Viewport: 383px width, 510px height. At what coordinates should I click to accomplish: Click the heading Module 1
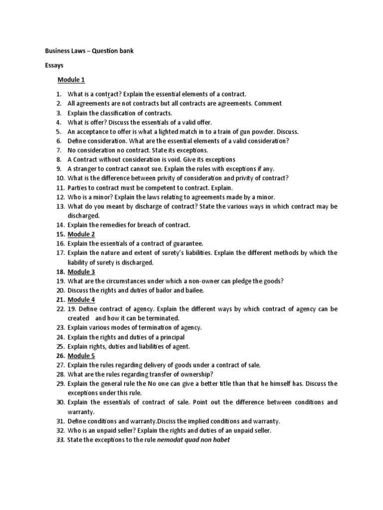coord(71,80)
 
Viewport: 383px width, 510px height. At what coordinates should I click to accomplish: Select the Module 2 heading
coord(81,234)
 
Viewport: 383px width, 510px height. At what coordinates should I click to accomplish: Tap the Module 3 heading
coord(81,271)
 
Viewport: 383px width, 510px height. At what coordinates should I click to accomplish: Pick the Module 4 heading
coord(81,299)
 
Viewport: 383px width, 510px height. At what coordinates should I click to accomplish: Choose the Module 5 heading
coord(81,356)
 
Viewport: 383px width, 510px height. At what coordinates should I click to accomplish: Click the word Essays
coord(55,65)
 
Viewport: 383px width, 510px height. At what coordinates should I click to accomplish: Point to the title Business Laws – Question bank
coord(89,50)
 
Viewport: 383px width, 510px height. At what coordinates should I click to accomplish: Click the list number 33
coord(60,440)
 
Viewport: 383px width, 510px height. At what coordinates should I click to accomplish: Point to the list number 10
coord(60,178)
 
